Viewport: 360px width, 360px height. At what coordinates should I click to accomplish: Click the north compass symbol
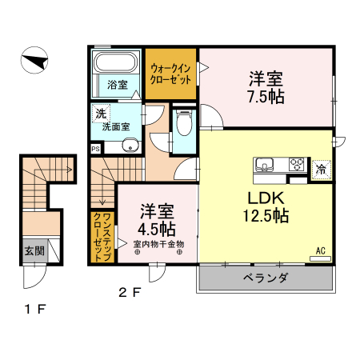(34, 60)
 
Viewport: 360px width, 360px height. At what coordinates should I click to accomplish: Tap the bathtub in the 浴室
(116, 62)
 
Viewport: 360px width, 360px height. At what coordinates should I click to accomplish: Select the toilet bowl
(184, 123)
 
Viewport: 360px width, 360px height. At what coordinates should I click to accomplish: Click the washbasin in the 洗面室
(130, 146)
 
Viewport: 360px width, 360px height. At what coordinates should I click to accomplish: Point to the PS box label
(95, 149)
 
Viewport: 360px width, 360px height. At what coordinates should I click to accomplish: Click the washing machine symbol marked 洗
(101, 114)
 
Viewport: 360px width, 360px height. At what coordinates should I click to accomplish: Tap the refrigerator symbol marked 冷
(321, 170)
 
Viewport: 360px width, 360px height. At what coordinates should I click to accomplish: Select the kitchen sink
(264, 165)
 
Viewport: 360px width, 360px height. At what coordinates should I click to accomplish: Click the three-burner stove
(297, 164)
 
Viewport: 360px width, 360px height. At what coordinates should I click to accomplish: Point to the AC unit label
(321, 250)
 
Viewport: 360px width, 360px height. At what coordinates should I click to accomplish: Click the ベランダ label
(266, 278)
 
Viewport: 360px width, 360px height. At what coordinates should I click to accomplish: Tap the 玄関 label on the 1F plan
(34, 251)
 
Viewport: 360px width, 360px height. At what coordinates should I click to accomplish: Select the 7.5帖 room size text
(266, 97)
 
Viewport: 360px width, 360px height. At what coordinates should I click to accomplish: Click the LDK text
(266, 198)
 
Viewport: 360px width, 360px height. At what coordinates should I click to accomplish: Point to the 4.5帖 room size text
(157, 230)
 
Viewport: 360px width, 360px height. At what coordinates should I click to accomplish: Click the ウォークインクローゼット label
(170, 74)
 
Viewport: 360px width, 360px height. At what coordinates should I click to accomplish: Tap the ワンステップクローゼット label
(102, 236)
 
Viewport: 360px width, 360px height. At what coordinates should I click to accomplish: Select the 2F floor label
(130, 293)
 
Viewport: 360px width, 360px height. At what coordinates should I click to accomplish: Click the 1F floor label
(35, 310)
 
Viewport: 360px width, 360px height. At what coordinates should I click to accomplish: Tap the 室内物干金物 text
(159, 244)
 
